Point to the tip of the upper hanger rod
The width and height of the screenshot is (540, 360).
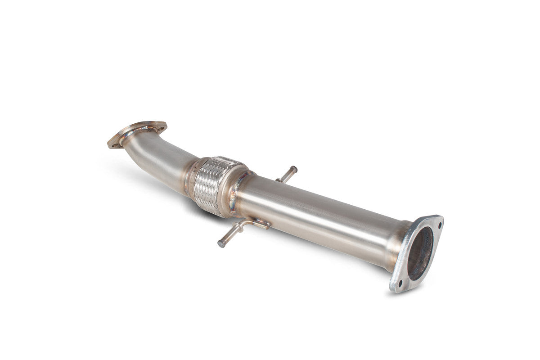(294, 169)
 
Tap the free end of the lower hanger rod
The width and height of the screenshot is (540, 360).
(221, 244)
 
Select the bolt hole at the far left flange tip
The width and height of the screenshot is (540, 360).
(113, 143)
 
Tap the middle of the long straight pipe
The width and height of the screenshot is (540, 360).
(315, 216)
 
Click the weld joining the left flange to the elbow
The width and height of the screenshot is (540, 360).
(130, 135)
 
